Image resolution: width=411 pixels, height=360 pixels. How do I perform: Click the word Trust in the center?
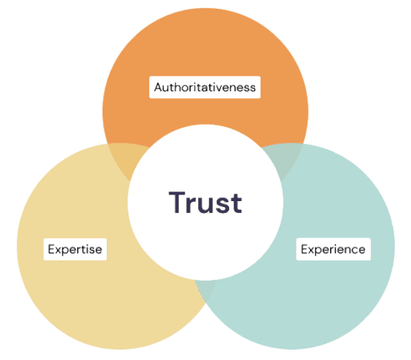point(205,203)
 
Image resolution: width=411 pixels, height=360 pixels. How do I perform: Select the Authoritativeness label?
point(205,88)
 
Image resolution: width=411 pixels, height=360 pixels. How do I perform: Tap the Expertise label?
point(75,249)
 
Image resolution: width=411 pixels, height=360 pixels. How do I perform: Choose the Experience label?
point(333,249)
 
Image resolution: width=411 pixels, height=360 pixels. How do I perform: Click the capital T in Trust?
point(177,203)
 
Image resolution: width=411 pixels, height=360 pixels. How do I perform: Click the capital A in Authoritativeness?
point(158,88)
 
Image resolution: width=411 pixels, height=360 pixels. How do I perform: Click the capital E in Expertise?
point(51,249)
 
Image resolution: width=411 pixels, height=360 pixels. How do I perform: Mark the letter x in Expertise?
point(59,250)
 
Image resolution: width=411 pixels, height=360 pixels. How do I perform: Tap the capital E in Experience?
point(304,249)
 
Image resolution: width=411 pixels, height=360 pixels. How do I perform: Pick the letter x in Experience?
point(312,250)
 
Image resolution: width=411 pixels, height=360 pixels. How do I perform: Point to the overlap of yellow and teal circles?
point(205,289)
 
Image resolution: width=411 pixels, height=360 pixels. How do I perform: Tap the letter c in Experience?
point(352,250)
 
